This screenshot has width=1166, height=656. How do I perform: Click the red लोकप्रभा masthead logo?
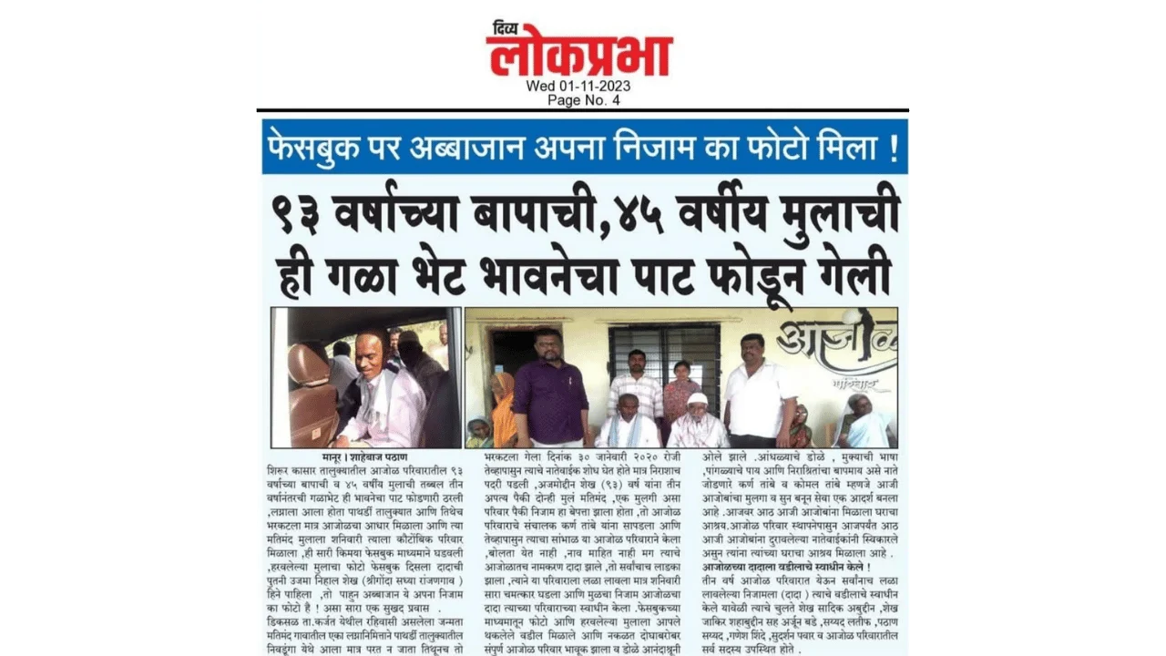click(579, 55)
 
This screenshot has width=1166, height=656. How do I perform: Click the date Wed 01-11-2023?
click(578, 87)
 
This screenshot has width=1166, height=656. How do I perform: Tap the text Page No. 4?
click(583, 100)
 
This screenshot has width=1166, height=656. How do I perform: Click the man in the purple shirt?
click(549, 387)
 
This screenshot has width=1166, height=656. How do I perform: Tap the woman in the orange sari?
click(502, 410)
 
